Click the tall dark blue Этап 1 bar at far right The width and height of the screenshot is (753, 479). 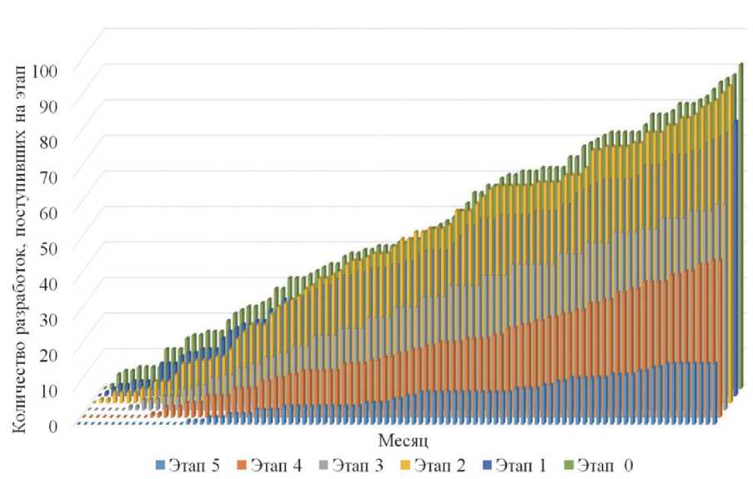tap(735, 250)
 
